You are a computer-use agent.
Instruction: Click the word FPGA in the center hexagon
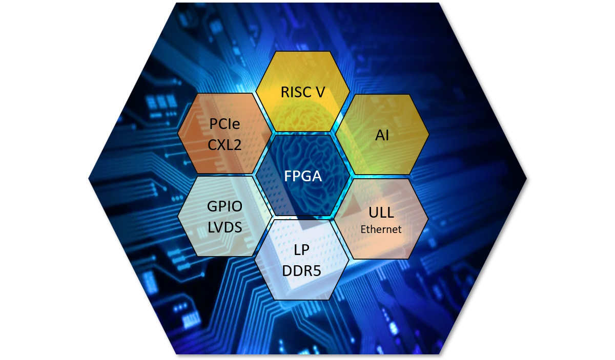[303, 176]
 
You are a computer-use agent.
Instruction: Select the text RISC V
[303, 92]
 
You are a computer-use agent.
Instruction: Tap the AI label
[382, 135]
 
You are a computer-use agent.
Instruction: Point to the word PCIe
[224, 124]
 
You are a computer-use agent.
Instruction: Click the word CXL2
[224, 145]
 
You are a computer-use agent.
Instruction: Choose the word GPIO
[224, 206]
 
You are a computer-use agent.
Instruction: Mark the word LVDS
[224, 227]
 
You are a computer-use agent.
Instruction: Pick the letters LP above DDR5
[301, 250]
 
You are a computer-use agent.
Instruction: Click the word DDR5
[301, 271]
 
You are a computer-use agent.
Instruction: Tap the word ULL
[381, 213]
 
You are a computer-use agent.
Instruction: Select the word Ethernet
[381, 229]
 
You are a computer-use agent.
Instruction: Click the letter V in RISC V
[320, 92]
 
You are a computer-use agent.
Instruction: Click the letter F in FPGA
[288, 176]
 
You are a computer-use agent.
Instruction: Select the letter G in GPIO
[212, 206]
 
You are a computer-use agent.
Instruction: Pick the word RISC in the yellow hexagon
[296, 92]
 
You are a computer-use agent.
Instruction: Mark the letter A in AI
[380, 135]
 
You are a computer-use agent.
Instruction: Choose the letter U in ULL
[373, 213]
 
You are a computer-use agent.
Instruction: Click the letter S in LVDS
[238, 227]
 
